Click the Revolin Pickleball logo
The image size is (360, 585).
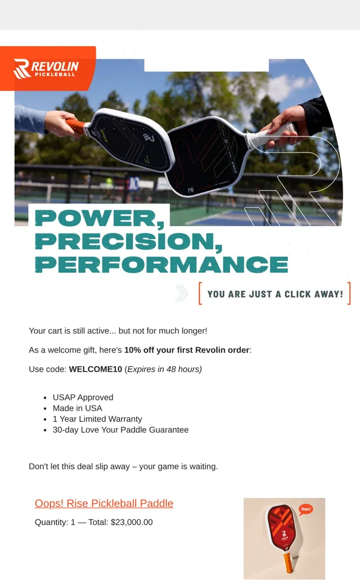point(46,69)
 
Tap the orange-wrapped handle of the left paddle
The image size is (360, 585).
point(76,127)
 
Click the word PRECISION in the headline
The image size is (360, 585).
point(128,242)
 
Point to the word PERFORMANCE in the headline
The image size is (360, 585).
point(161,264)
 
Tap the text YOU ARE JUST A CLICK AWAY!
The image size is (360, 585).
point(275,294)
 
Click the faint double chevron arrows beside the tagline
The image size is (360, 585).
point(182,293)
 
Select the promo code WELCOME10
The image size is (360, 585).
point(96,370)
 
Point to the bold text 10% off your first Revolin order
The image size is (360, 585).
point(187,350)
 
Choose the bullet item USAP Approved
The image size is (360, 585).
point(83,397)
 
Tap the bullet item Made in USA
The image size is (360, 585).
point(77,408)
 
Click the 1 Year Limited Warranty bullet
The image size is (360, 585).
point(97,419)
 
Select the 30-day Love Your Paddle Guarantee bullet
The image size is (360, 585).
point(120,430)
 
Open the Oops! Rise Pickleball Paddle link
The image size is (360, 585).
point(104,503)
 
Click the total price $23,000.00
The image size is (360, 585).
point(132,523)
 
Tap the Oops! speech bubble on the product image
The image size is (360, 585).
point(305,509)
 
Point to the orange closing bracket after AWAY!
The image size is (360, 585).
point(349,293)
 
